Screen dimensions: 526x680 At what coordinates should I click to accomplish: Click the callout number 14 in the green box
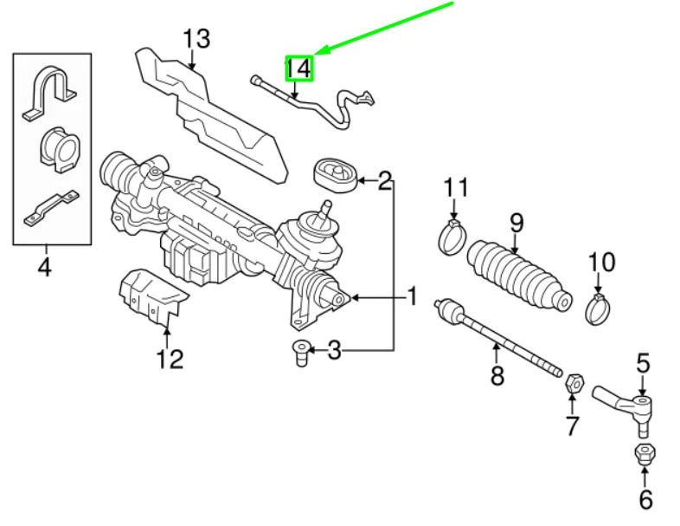pyautogui.click(x=298, y=67)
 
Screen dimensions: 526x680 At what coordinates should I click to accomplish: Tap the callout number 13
pyautogui.click(x=196, y=39)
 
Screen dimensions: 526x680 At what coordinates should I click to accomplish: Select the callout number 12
pyautogui.click(x=170, y=358)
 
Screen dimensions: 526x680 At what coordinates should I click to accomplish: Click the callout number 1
pyautogui.click(x=412, y=297)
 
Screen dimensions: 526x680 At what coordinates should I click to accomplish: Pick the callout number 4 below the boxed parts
pyautogui.click(x=44, y=267)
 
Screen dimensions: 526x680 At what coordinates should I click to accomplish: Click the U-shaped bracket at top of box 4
pyautogui.click(x=51, y=94)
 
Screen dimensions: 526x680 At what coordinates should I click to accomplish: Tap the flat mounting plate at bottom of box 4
pyautogui.click(x=50, y=207)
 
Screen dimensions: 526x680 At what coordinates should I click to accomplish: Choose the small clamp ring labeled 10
pyautogui.click(x=599, y=307)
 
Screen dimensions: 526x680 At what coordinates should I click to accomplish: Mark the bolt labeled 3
pyautogui.click(x=299, y=353)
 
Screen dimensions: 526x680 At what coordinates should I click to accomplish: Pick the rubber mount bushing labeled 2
pyautogui.click(x=333, y=174)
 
